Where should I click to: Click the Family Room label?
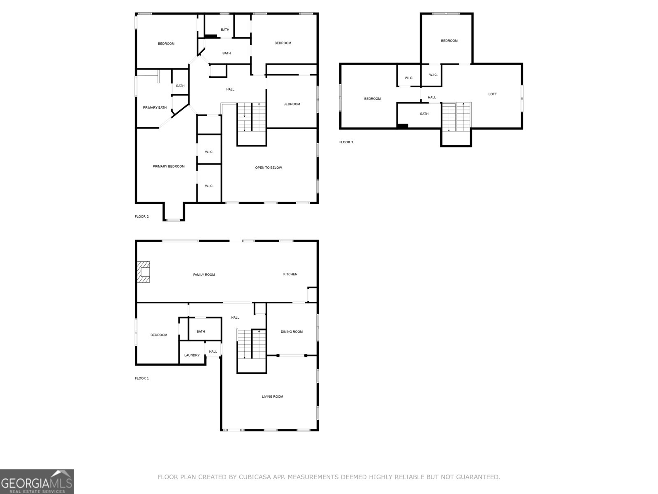(x=204, y=275)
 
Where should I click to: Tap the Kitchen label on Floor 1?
(x=290, y=274)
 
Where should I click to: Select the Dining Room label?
(x=292, y=332)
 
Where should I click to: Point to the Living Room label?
(x=272, y=396)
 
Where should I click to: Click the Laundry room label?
(x=192, y=355)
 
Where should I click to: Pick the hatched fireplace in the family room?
(x=144, y=272)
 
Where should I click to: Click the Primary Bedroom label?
(x=168, y=166)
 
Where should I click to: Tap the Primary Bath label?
(x=155, y=107)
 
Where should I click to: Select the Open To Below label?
(x=269, y=168)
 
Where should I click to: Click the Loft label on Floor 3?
(x=492, y=94)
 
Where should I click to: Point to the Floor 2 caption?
(x=142, y=217)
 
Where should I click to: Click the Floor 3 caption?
(x=346, y=142)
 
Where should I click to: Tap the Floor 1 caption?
(x=142, y=378)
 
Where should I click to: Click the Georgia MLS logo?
(x=37, y=481)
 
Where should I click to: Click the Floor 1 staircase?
(x=251, y=345)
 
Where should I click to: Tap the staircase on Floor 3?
(x=456, y=117)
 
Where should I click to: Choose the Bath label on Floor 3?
(x=424, y=114)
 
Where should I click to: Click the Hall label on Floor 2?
(x=230, y=89)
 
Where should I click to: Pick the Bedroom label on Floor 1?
(x=159, y=335)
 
